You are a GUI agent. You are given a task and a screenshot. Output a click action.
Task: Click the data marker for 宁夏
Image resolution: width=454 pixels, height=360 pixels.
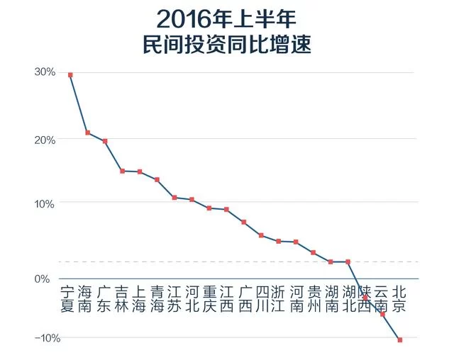pos(70,74)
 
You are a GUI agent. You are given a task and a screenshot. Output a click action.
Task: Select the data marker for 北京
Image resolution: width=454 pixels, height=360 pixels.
pos(400,340)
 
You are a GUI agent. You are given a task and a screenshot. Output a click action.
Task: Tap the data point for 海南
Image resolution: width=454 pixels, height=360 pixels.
pos(87,133)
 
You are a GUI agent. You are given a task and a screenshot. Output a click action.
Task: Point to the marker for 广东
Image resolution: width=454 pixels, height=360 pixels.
pos(105,141)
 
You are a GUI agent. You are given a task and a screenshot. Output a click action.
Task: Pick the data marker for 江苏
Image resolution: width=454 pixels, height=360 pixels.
pos(175,197)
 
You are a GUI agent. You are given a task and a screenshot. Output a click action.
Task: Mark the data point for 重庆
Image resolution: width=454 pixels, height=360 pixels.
pos(209,208)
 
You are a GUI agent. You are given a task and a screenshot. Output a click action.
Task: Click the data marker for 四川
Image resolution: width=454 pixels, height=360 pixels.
pos(261,235)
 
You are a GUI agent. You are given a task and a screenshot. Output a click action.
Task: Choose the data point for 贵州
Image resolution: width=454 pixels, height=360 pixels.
pos(313,252)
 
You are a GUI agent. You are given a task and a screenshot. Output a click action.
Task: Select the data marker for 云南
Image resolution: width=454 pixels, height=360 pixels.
pos(382,314)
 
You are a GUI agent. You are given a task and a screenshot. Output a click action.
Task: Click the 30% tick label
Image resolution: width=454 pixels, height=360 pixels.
pos(45,72)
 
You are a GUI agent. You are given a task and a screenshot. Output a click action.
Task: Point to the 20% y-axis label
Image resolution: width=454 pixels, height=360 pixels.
pos(45,140)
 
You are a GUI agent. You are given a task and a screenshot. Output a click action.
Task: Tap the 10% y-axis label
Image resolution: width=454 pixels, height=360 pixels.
pos(45,203)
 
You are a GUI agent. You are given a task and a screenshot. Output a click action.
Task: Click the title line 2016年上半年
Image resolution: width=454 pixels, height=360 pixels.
pos(227,18)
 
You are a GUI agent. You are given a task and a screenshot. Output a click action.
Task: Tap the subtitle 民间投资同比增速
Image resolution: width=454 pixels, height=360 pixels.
pos(227,45)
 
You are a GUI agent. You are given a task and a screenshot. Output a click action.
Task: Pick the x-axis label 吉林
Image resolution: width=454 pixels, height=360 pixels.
pos(122,299)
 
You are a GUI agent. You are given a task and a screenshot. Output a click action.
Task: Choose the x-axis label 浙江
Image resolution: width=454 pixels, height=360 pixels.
pos(278,299)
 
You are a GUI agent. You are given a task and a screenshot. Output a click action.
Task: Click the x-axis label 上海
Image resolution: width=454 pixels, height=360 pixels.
pos(140,299)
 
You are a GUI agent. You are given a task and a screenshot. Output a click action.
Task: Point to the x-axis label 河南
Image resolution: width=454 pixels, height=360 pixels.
pos(296,299)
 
